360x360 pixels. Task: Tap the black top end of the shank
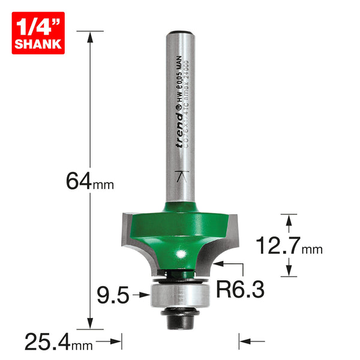(x=180, y=34)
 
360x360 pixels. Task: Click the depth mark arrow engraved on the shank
(x=179, y=176)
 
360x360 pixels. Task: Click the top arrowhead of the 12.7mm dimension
(x=289, y=220)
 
